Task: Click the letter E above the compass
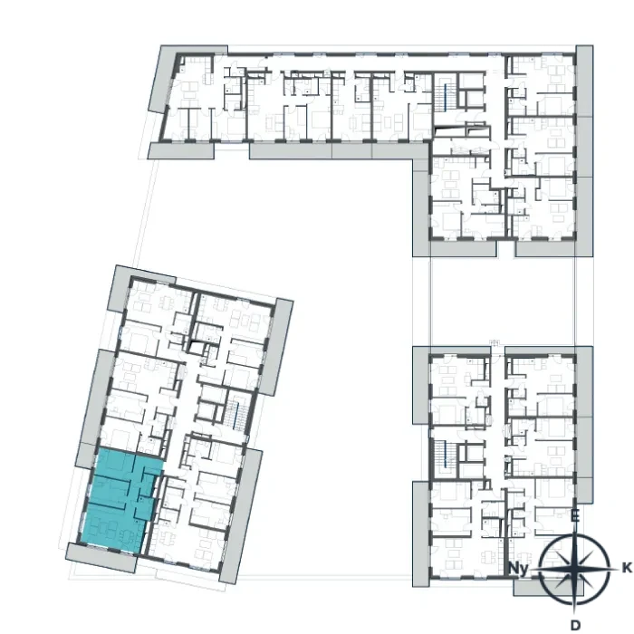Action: pyautogui.click(x=575, y=516)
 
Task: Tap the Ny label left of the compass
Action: pyautogui.click(x=519, y=569)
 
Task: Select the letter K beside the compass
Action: pyautogui.click(x=627, y=568)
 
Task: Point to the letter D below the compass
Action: pyautogui.click(x=575, y=625)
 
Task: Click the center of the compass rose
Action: pyautogui.click(x=575, y=569)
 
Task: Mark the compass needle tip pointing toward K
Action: pyautogui.click(x=620, y=569)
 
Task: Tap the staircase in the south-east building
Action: pyautogui.click(x=445, y=457)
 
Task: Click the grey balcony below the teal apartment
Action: pyautogui.click(x=101, y=558)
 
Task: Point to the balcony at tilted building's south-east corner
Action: pyautogui.click(x=241, y=516)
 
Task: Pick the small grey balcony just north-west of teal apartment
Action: pyautogui.click(x=85, y=456)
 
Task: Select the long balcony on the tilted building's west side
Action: pyautogui.click(x=97, y=397)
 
